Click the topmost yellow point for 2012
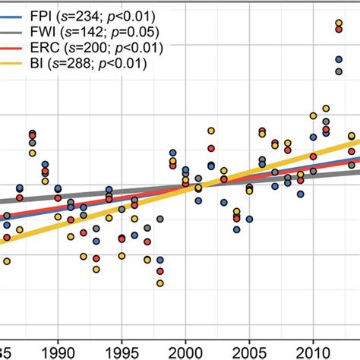click(339, 24)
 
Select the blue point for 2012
click(339, 59)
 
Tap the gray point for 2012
click(339, 71)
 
